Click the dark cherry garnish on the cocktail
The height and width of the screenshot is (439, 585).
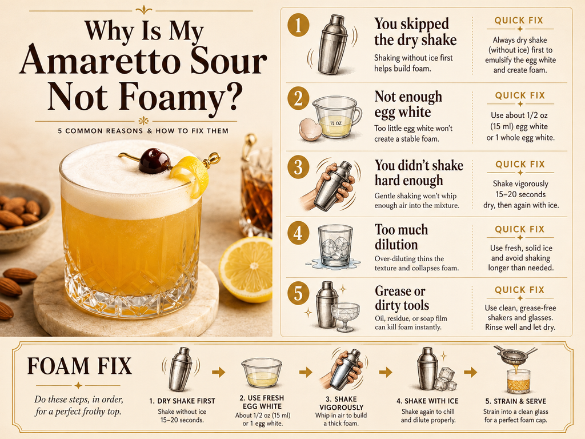point(154,161)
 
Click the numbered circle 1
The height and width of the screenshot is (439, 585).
point(298,25)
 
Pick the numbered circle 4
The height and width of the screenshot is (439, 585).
point(298,233)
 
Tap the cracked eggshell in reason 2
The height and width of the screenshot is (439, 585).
point(310,129)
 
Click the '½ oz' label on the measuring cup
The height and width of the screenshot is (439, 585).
point(335,122)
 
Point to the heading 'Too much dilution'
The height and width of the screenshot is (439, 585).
point(402,237)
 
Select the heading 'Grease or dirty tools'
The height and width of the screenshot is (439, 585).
point(402,298)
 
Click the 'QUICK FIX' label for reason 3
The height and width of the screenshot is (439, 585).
point(520,164)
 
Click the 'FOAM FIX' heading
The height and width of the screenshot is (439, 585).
point(79,366)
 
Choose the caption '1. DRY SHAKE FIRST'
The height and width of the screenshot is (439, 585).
point(182,401)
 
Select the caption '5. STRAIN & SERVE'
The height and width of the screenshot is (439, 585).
point(516,401)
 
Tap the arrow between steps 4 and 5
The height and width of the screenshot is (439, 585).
point(471,372)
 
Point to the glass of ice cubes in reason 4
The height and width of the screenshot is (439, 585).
point(335,246)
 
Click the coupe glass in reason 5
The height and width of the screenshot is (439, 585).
point(345,317)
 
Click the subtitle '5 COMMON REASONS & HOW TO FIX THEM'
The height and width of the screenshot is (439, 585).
point(143,131)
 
